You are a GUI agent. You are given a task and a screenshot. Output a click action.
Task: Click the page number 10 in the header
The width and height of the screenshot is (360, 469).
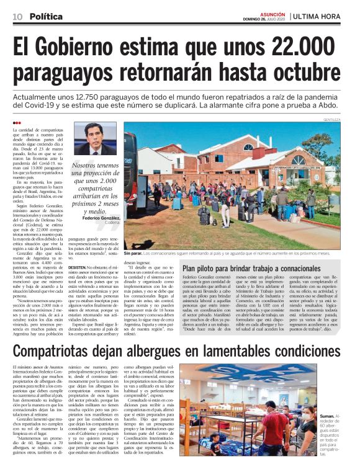click(x=17, y=16)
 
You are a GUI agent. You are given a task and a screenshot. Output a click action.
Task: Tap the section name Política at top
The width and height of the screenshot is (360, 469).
click(x=49, y=16)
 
